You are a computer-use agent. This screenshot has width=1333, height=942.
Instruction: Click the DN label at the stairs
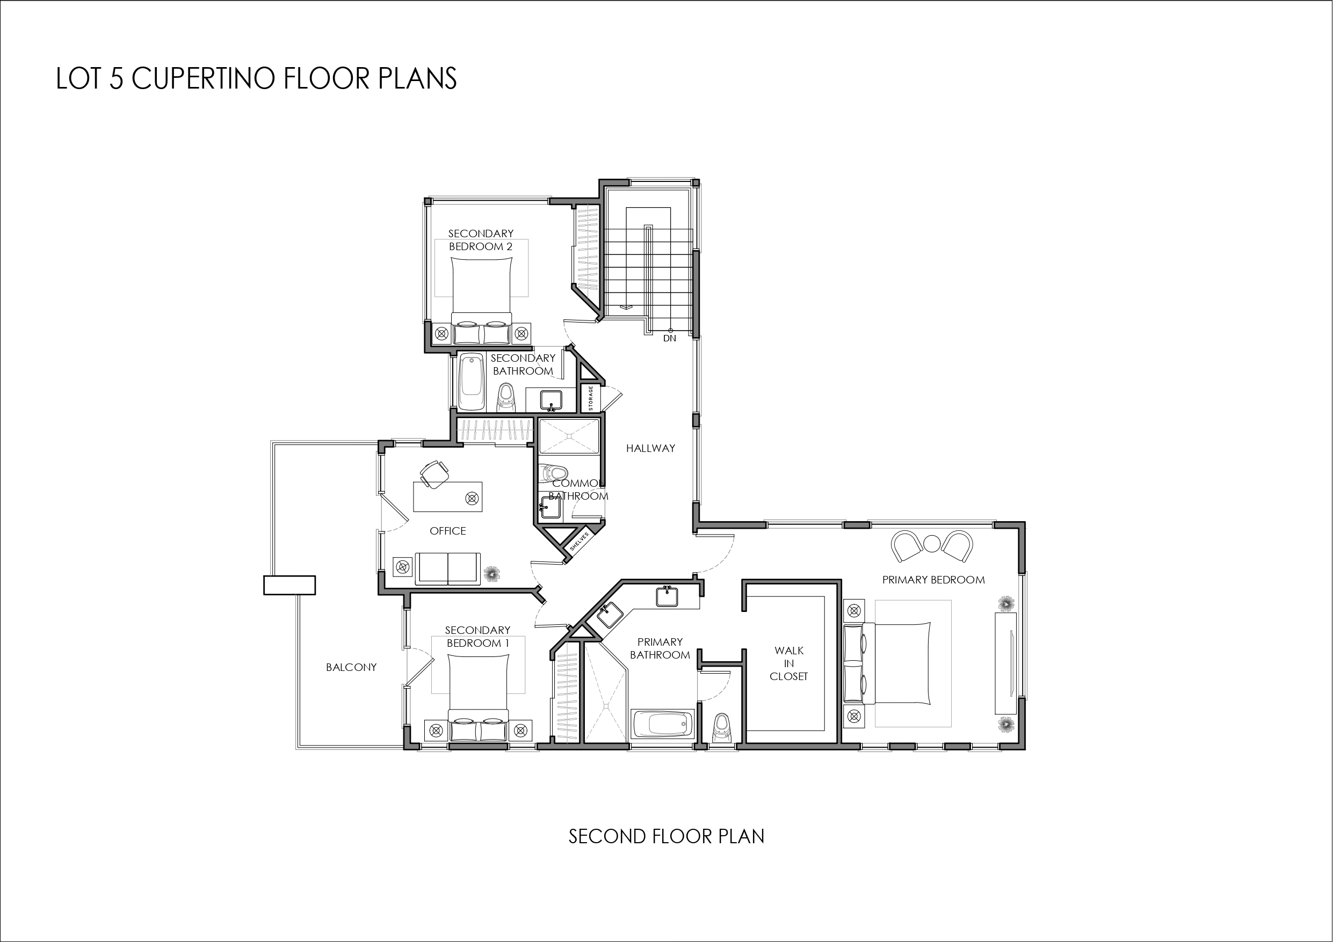point(669,338)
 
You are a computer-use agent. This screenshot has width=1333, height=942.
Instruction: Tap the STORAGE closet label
point(591,398)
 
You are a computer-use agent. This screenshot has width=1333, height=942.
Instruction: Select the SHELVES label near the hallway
point(579,541)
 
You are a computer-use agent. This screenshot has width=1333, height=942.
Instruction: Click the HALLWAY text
point(650,448)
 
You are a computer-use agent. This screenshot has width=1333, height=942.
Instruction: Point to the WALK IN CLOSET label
point(788,663)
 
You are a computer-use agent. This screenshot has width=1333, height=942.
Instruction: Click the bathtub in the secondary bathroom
point(472,382)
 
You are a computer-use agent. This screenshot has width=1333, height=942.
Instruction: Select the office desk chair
point(434,473)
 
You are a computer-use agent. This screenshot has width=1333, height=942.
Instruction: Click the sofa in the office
point(447,569)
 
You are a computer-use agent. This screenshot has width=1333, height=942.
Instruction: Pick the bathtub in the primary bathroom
point(662,725)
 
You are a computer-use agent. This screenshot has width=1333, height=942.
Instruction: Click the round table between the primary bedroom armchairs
point(932,543)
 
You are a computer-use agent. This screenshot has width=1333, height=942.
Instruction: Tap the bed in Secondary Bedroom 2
point(481,296)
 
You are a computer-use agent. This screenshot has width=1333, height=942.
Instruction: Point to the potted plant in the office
point(492,574)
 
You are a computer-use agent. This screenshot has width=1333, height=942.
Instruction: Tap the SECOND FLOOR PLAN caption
point(666,836)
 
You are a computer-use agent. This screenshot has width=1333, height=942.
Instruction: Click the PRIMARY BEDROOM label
point(933,580)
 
